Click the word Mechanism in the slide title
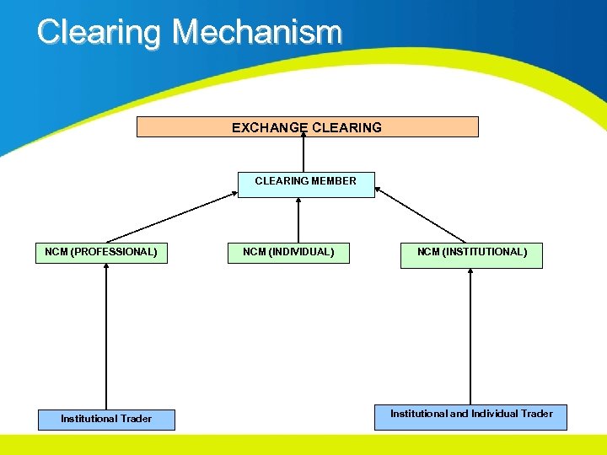tap(257, 33)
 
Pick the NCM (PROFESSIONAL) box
tap(101, 252)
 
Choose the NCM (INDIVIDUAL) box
tap(288, 252)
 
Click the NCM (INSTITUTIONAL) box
tap(471, 252)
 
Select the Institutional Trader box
tap(106, 419)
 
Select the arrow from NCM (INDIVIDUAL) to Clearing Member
tap(298, 221)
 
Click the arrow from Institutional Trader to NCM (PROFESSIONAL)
tap(106, 337)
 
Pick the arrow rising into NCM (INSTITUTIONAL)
tap(470, 337)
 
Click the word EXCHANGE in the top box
tap(270, 128)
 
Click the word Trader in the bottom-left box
tap(136, 419)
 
